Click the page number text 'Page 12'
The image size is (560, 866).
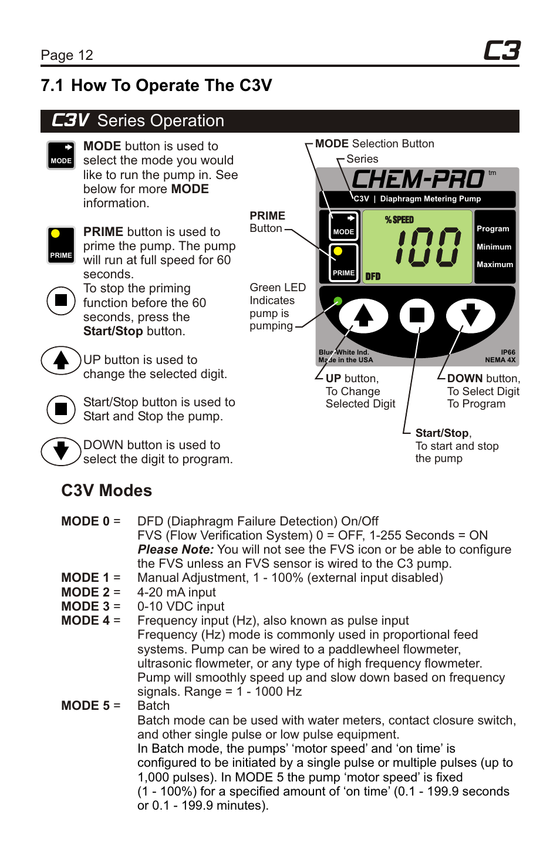coord(67,55)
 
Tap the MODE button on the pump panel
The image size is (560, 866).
coord(343,225)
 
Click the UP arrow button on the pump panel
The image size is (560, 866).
coord(363,315)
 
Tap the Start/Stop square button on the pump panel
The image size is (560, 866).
coord(417,315)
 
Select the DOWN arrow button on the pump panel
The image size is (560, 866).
coord(470,315)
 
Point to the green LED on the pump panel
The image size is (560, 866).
coord(338,301)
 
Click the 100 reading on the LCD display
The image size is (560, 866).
coord(428,248)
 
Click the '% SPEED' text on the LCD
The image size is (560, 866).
coord(399,220)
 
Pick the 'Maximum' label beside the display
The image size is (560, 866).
coord(494,265)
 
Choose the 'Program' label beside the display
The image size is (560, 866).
coord(492,229)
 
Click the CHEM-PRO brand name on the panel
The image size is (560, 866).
coord(417,179)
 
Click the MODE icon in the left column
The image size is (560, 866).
coord(61,155)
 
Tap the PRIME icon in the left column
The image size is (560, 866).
coord(61,244)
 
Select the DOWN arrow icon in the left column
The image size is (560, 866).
coord(60,451)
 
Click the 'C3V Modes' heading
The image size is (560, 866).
coord(106,490)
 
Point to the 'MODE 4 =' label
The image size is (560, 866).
coord(90,621)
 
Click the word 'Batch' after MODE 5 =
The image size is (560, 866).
coord(153,706)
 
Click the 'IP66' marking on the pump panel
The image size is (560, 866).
coord(508,352)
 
